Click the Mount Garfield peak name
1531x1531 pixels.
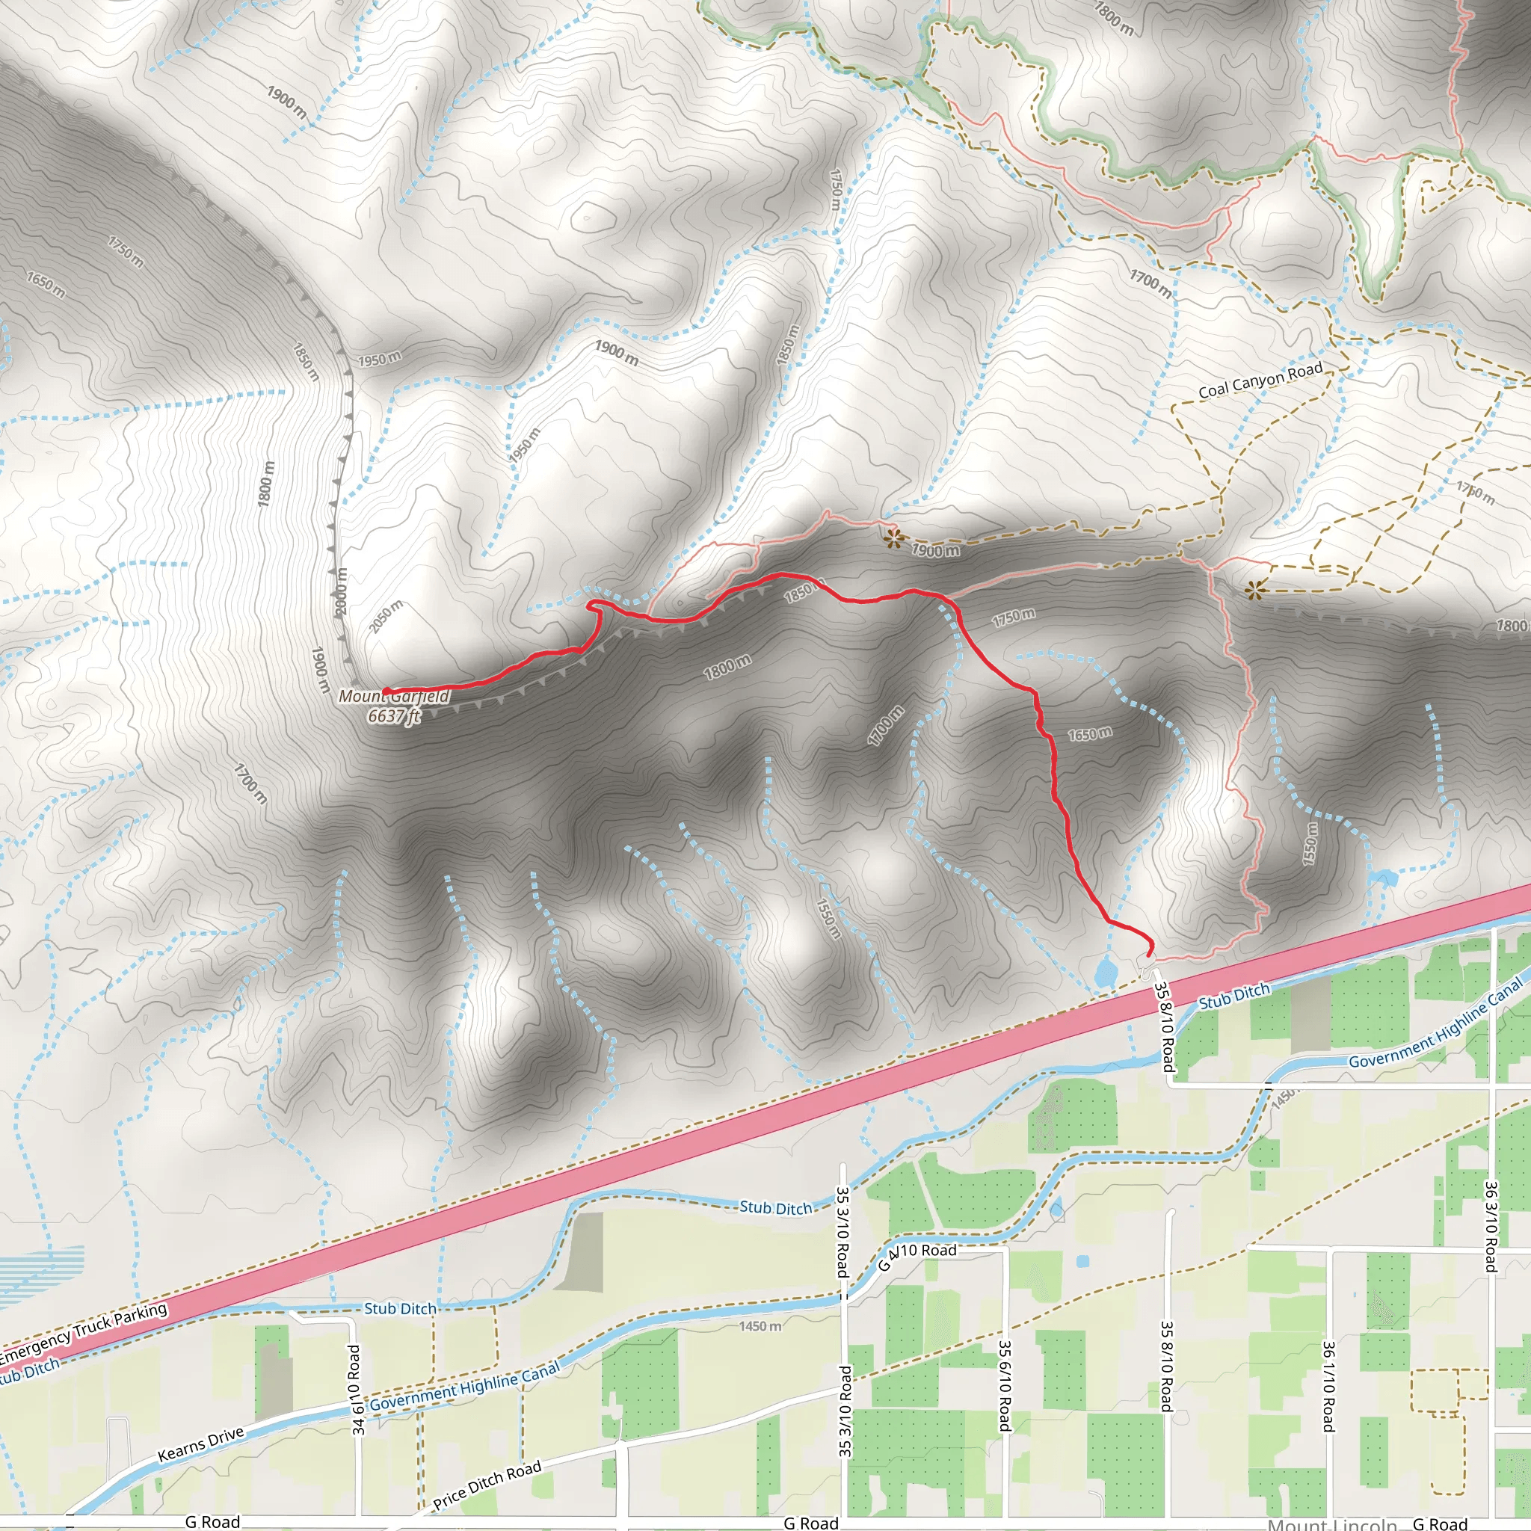coord(394,697)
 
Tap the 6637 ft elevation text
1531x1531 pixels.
coord(394,716)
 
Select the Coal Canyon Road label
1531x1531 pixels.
coord(1260,381)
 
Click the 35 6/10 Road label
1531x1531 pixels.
coord(1004,1385)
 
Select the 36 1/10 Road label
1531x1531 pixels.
coord(1329,1385)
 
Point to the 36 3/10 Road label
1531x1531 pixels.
coord(1491,1227)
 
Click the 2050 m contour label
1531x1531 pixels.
coord(386,616)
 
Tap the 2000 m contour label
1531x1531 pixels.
coord(340,591)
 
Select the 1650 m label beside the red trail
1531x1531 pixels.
coord(1090,735)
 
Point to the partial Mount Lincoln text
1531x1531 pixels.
coord(1331,1523)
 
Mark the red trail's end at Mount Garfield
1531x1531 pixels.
coord(385,691)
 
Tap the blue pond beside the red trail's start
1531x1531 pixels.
coord(1105,971)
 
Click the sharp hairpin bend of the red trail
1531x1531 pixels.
coord(591,606)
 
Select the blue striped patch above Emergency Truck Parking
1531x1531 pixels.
coord(40,1269)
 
